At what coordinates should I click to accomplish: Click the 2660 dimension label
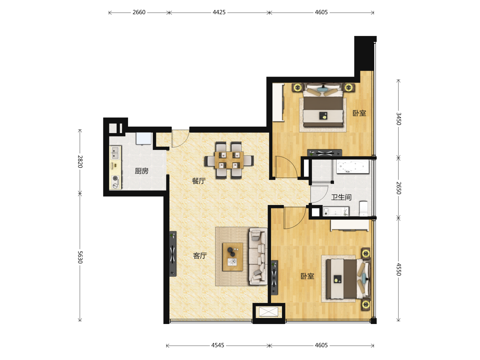coord(139,12)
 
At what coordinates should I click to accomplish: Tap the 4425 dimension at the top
coord(219,12)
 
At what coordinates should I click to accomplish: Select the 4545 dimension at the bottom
coord(218,345)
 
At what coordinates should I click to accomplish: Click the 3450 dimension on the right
coord(399,119)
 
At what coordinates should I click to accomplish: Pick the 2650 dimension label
coord(399,188)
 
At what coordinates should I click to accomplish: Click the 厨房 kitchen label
coord(141,171)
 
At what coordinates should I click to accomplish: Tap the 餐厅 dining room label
coord(199,181)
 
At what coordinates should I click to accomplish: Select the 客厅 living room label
coord(200,256)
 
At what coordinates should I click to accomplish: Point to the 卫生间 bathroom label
coord(341,197)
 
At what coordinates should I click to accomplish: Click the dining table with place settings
coord(229,160)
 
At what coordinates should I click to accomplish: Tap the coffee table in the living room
coord(233,257)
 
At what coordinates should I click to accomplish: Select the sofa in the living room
coord(258,256)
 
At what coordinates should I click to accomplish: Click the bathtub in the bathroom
coord(353,167)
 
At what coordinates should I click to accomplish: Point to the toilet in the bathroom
coord(364,208)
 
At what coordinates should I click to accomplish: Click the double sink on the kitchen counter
coord(115,152)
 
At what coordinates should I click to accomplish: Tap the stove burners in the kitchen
coord(115,182)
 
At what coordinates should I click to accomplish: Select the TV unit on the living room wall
coord(173,254)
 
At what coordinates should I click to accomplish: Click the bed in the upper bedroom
coord(323,105)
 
